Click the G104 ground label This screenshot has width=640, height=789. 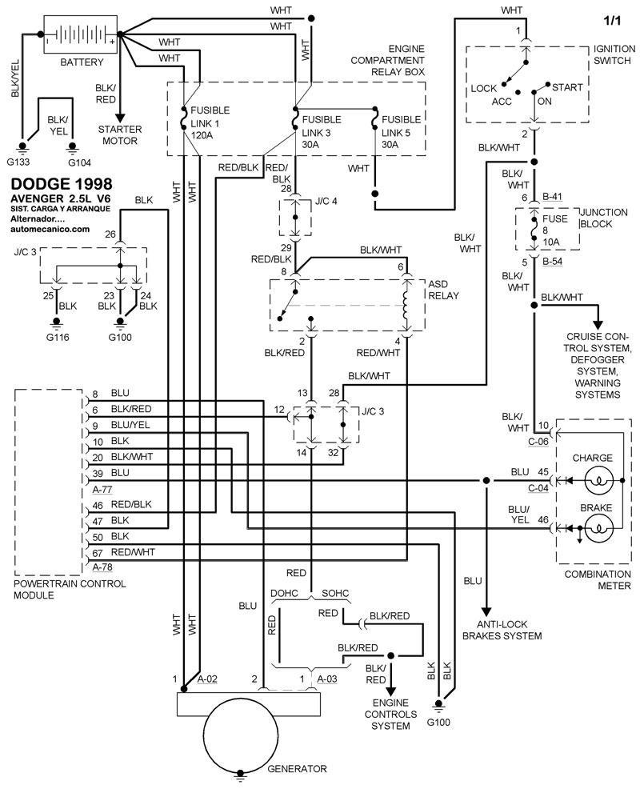click(x=73, y=161)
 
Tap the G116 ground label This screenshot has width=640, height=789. click(x=57, y=336)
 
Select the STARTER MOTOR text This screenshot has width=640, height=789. click(x=119, y=135)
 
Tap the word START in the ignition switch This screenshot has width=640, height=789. click(x=567, y=87)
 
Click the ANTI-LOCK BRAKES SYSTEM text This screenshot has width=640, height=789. click(x=502, y=630)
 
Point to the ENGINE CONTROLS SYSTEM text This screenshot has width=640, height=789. click(x=390, y=714)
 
